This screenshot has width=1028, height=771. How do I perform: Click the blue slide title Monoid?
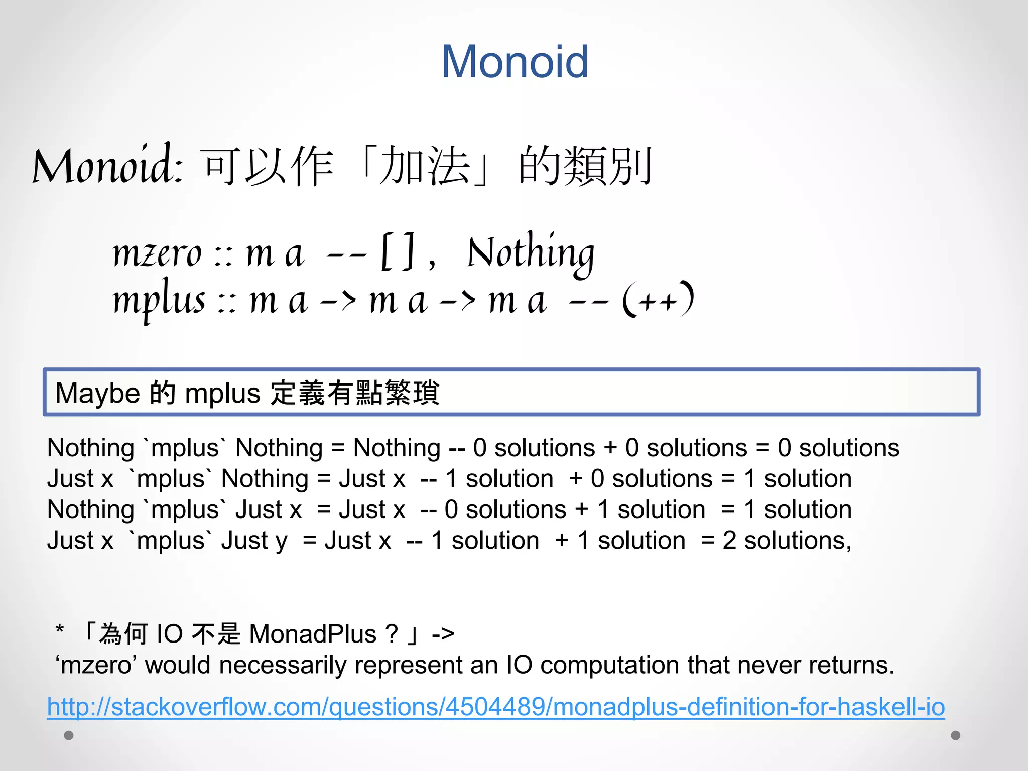point(515,61)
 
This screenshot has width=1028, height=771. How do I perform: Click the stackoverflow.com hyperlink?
point(496,707)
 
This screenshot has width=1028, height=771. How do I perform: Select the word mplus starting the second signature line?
point(159,301)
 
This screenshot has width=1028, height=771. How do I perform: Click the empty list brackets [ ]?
point(398,251)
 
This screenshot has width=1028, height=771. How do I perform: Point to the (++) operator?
point(658,300)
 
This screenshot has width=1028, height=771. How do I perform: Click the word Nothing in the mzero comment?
point(531,253)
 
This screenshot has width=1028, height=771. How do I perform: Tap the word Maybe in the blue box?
point(97,393)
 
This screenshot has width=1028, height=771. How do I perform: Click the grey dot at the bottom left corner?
point(69,735)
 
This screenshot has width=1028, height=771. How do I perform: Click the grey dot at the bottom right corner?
point(956,735)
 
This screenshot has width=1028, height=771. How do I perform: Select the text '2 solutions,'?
point(787,541)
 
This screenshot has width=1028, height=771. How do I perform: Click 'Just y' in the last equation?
point(254,541)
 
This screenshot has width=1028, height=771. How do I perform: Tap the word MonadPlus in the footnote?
point(313,634)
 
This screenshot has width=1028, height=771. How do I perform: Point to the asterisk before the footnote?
point(60,629)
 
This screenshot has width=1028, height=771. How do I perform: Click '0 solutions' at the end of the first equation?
point(838,448)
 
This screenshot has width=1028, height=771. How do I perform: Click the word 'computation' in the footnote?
point(610,665)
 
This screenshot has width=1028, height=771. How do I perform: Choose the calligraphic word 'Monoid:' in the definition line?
point(108,166)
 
